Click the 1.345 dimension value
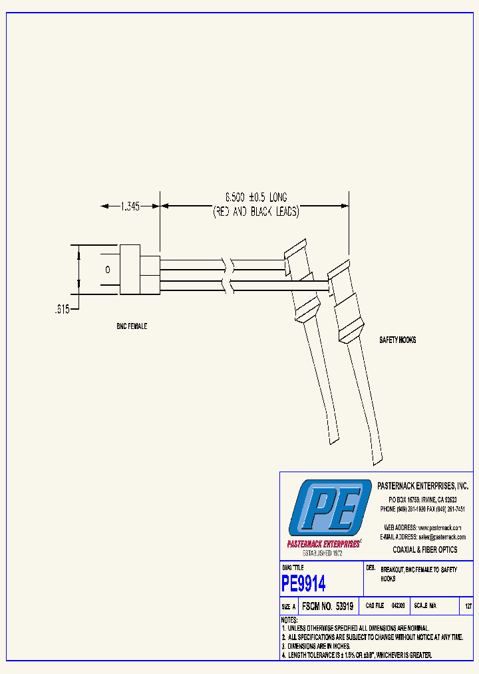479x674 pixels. [x=130, y=206]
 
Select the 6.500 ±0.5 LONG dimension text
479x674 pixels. [x=255, y=198]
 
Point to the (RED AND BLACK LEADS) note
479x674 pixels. [x=255, y=212]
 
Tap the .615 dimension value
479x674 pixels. [x=61, y=308]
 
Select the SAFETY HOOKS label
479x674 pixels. [x=397, y=340]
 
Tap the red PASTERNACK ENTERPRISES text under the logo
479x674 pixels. [x=323, y=543]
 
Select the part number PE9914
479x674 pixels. [x=303, y=584]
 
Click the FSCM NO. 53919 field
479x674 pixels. [x=327, y=607]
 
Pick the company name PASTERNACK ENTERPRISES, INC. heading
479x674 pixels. [x=422, y=487]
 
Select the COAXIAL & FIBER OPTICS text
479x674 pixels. [x=425, y=549]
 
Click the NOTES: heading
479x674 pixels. [x=289, y=620]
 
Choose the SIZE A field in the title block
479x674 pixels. [x=289, y=607]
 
